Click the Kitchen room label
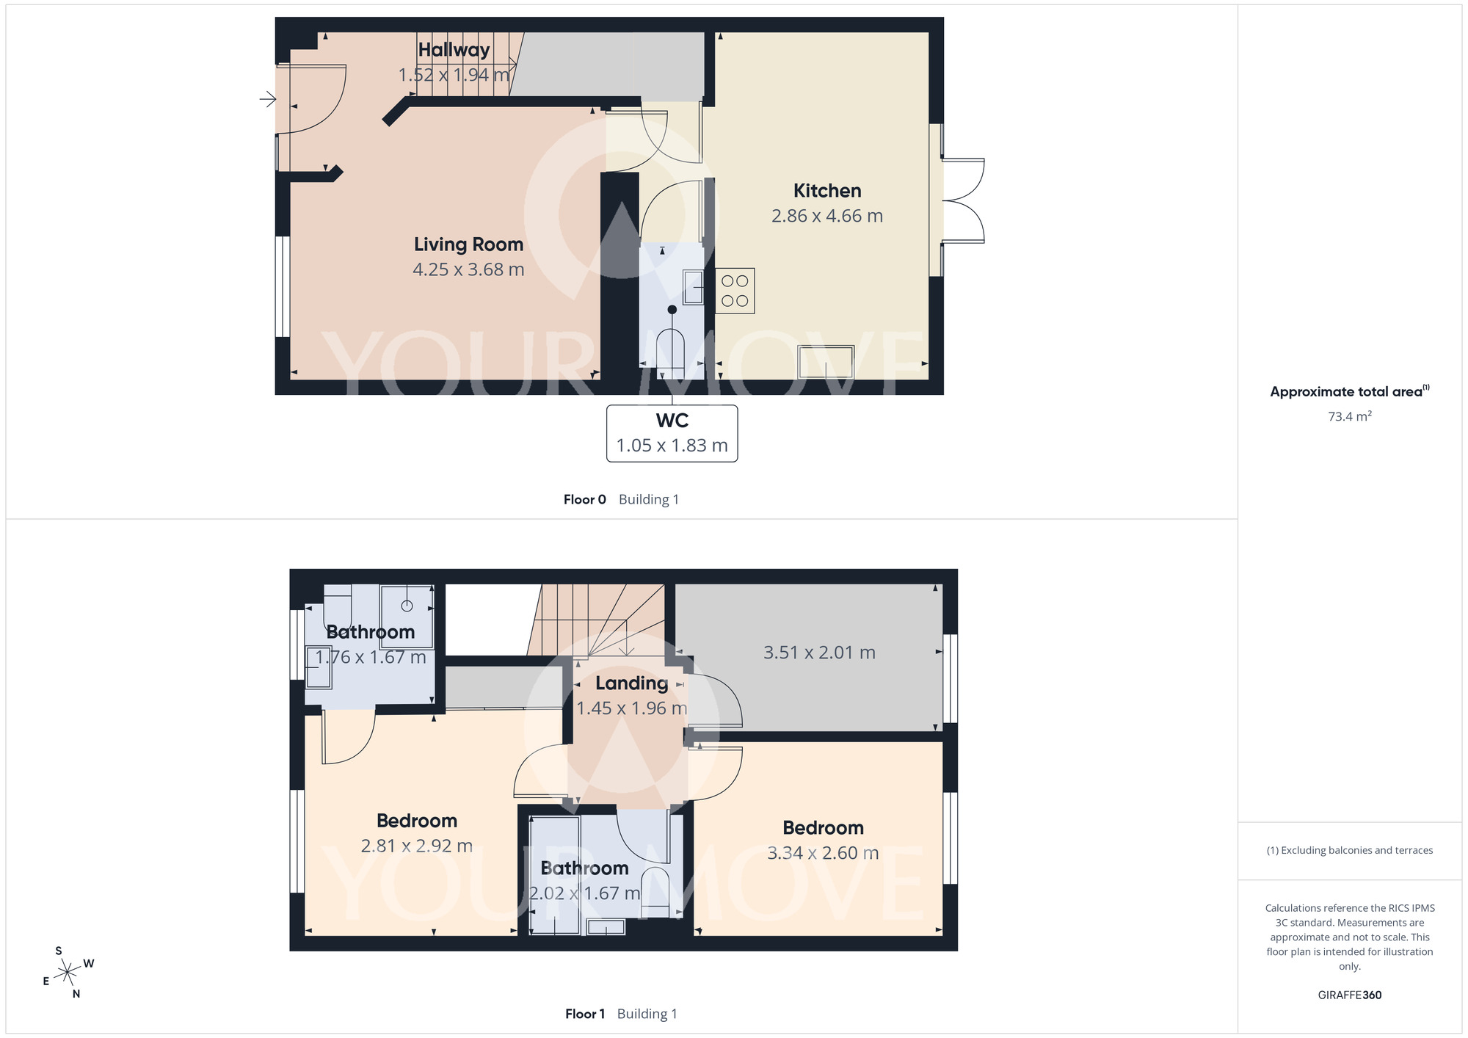tap(827, 191)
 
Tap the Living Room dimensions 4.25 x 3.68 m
tap(468, 269)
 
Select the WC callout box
tap(672, 433)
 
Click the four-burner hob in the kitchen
tap(735, 291)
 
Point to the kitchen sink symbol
tap(826, 362)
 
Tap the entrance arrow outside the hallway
tap(268, 98)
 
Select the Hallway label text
tap(454, 50)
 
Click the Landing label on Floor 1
tap(631, 683)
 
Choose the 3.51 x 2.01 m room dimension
tap(819, 653)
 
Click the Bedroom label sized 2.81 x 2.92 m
tap(417, 821)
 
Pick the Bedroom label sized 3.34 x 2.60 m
tap(823, 828)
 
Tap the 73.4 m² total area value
tap(1350, 416)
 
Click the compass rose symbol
tap(68, 973)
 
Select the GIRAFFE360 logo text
tap(1350, 995)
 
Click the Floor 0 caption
tap(585, 499)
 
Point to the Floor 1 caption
tap(585, 1014)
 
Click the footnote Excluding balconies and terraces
tap(1350, 850)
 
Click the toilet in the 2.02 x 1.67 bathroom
tap(655, 893)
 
